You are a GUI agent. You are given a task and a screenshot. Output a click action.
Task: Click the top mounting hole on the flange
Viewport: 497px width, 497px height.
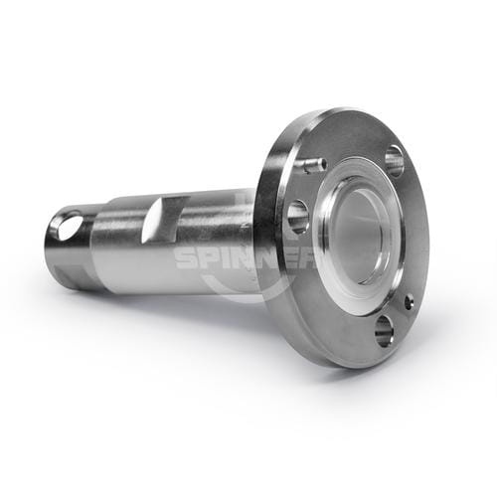click(x=395, y=161)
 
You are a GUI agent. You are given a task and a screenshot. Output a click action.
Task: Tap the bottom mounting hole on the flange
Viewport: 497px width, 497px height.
click(x=384, y=331)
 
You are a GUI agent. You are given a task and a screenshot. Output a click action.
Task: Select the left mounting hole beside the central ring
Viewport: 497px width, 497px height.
click(x=297, y=217)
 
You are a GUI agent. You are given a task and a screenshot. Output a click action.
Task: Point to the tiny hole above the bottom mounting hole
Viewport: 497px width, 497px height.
click(x=410, y=302)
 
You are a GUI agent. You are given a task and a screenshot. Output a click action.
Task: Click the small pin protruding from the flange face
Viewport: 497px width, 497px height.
click(x=315, y=164)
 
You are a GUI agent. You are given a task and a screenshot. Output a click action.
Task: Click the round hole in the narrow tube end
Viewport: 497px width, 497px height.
click(x=69, y=226)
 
